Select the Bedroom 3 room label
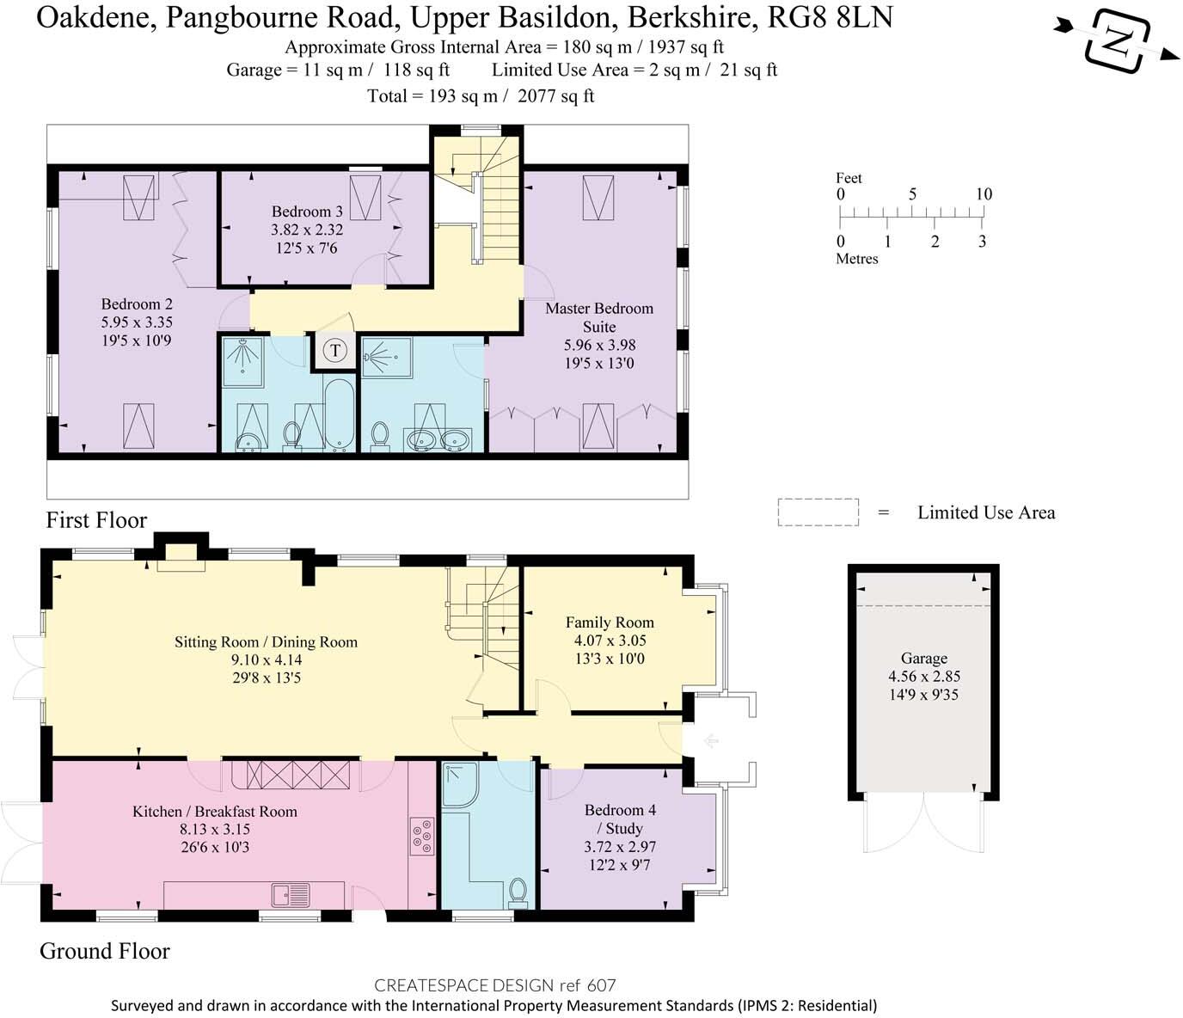coord(307,212)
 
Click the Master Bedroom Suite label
coord(599,317)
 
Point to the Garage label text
coord(924,658)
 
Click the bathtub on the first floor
coord(339,414)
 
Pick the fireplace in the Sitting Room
coord(181,556)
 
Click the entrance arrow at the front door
coord(710,740)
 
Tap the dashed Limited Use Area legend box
coord(818,512)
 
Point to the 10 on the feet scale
coord(984,194)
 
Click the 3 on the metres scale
coord(982,242)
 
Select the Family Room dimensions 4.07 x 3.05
coord(610,641)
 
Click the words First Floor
coord(96,520)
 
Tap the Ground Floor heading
coord(105,951)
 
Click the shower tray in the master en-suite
coord(386,357)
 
